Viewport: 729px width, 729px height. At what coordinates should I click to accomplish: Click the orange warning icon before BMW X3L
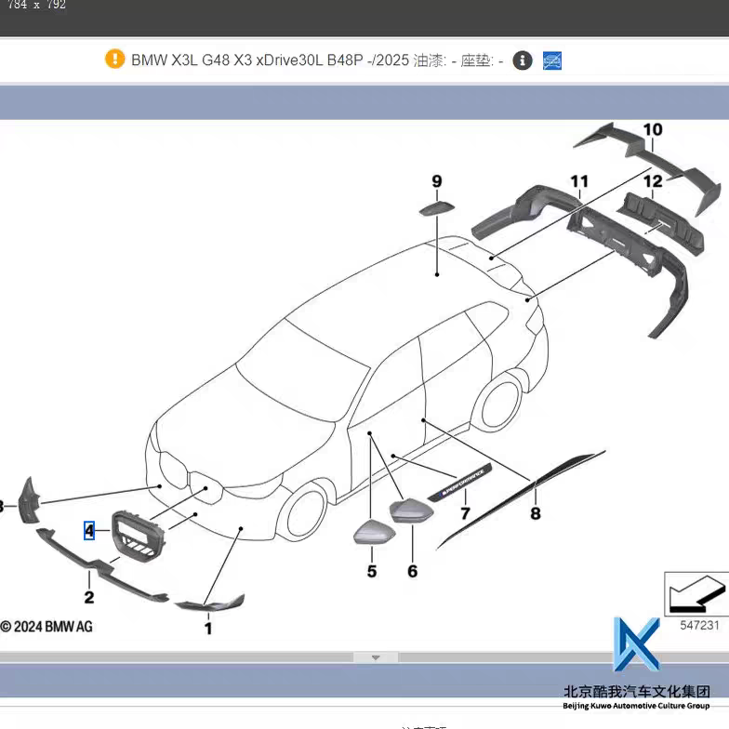click(114, 60)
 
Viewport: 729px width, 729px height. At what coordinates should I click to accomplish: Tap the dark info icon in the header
click(523, 60)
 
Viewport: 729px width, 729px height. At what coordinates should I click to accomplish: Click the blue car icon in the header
click(552, 60)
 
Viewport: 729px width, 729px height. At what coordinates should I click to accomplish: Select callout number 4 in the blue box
click(89, 531)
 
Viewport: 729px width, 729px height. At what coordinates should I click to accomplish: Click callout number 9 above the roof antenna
click(436, 181)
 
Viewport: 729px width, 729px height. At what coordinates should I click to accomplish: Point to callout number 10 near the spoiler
click(653, 129)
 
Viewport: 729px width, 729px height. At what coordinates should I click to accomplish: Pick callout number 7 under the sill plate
click(465, 512)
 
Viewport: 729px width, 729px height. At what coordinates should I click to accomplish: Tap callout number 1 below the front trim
click(208, 629)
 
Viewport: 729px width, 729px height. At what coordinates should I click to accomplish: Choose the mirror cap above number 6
click(409, 511)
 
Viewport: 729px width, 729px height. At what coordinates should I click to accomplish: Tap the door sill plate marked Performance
click(462, 483)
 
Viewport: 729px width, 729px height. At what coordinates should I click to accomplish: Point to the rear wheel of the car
click(497, 404)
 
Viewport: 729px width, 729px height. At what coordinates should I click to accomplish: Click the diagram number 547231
click(698, 625)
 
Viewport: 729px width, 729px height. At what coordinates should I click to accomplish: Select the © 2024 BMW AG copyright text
click(46, 627)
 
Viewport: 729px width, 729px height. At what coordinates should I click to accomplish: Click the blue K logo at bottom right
click(636, 645)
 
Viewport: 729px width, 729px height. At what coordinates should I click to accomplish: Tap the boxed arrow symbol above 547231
click(696, 593)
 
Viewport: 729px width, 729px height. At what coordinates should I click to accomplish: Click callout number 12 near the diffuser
click(653, 181)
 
